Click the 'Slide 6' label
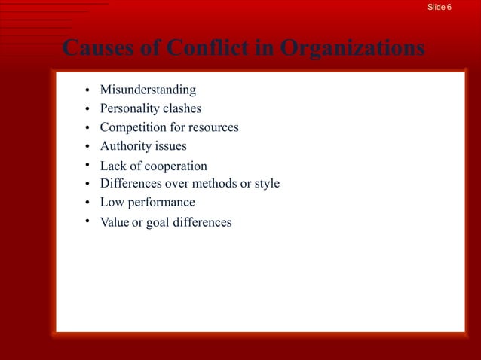click(440, 7)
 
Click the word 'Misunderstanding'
click(148, 91)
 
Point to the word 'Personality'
click(129, 109)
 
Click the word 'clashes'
click(182, 109)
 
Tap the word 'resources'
click(213, 127)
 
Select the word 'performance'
click(161, 202)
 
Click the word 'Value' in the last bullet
click(115, 222)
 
